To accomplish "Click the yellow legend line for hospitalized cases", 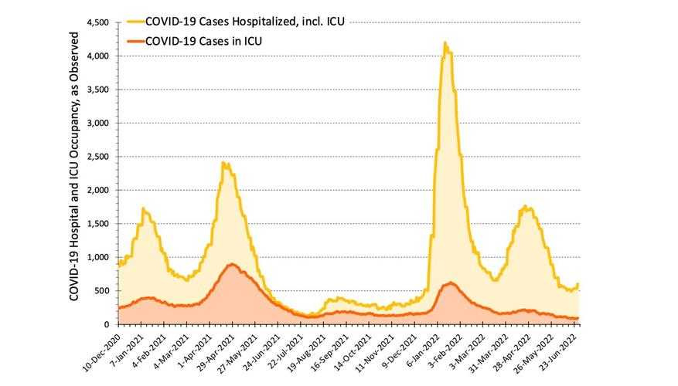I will (140, 22).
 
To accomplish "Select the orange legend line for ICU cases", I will (140, 41).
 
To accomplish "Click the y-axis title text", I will (75, 166).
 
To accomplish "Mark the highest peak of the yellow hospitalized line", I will (445, 43).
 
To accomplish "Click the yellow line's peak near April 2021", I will (223, 162).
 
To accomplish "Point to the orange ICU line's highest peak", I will (232, 264).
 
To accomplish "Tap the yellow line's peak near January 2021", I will (144, 208).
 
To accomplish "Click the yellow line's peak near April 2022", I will (526, 206).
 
